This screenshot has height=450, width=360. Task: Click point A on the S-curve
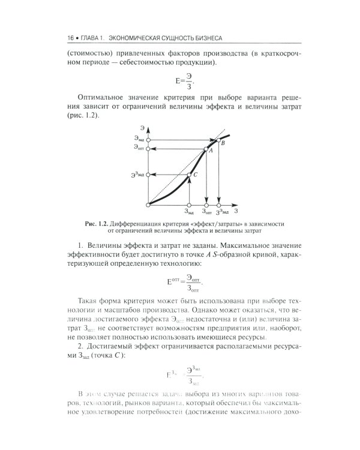(206, 148)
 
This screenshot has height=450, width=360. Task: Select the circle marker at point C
(189, 175)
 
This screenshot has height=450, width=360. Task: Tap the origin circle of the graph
(148, 205)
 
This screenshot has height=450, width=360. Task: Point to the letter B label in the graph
(224, 144)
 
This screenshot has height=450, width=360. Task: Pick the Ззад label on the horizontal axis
(188, 212)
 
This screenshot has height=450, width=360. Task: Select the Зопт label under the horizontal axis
(206, 212)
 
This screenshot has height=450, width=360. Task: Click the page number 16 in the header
(71, 39)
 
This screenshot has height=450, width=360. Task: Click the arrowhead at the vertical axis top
(148, 129)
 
